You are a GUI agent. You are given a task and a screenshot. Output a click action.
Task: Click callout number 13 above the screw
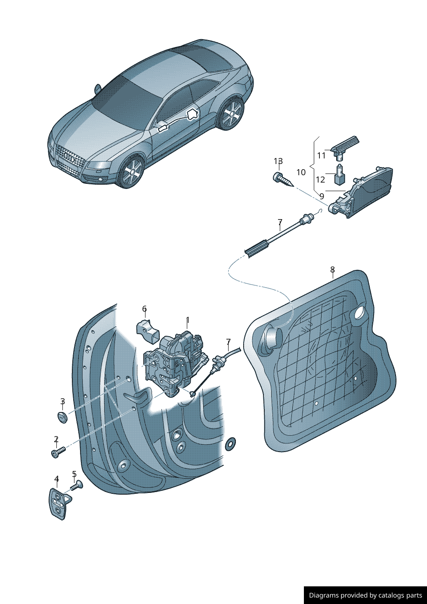click(278, 161)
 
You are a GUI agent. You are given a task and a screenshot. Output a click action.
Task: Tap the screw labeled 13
click(283, 180)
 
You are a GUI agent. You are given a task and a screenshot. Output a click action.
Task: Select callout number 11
click(321, 155)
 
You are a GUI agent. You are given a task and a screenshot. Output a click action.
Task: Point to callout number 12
click(320, 180)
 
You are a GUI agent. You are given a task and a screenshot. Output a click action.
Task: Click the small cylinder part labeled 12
click(340, 175)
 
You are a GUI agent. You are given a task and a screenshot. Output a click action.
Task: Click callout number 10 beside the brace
click(301, 172)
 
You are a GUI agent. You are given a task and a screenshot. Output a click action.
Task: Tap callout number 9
click(322, 196)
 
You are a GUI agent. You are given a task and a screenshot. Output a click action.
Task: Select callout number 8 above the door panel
click(332, 269)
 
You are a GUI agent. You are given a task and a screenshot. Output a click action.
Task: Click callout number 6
click(144, 309)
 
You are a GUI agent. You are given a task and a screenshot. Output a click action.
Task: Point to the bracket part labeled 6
click(148, 331)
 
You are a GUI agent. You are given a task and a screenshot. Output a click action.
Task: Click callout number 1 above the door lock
click(188, 320)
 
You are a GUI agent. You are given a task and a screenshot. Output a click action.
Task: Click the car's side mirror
click(97, 89)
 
